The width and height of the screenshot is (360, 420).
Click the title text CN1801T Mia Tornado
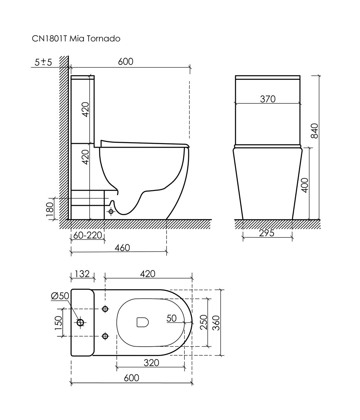[x=76, y=38]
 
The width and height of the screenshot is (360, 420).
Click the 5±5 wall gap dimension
[x=43, y=62]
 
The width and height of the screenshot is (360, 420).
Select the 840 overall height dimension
[x=314, y=131]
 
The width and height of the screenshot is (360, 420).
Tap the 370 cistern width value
[x=268, y=99]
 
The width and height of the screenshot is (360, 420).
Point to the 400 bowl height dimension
[x=305, y=185]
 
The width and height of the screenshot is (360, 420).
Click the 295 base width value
[x=267, y=233]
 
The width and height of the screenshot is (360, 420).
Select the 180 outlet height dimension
[x=50, y=209]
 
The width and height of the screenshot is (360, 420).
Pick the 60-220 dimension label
[x=87, y=235]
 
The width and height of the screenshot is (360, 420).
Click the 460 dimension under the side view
[x=122, y=248]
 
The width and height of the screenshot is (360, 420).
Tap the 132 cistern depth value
[x=82, y=274]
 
